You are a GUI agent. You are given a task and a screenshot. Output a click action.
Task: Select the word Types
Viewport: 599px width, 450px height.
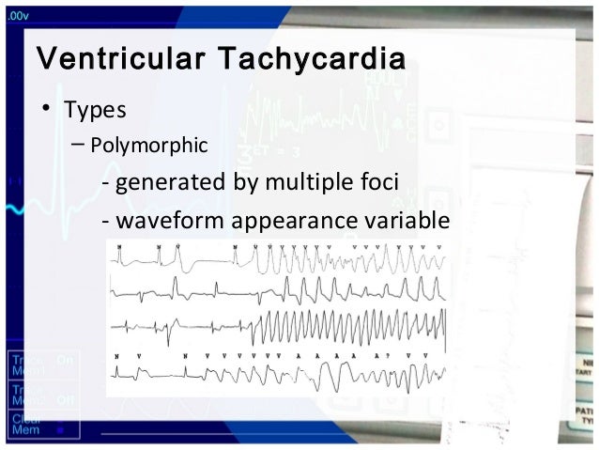pyautogui.click(x=94, y=111)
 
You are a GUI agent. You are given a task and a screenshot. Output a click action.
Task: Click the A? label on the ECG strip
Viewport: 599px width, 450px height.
pyautogui.click(x=378, y=357)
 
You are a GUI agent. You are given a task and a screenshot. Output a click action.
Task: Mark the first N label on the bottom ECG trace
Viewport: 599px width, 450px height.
pyautogui.click(x=115, y=357)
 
